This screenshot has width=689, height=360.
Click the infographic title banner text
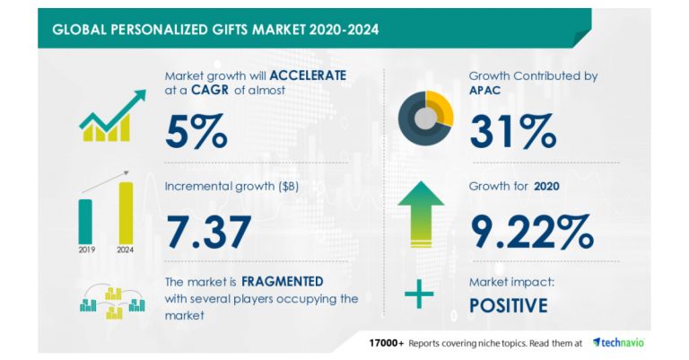[x=215, y=29]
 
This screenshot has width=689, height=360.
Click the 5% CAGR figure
[x=196, y=130]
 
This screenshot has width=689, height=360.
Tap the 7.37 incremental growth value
[x=207, y=231]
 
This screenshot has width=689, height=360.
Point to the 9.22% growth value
[x=530, y=231]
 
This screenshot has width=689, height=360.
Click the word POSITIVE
[x=508, y=305]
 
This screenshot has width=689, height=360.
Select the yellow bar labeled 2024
[x=126, y=212]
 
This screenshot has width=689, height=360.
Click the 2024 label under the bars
[x=126, y=251]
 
